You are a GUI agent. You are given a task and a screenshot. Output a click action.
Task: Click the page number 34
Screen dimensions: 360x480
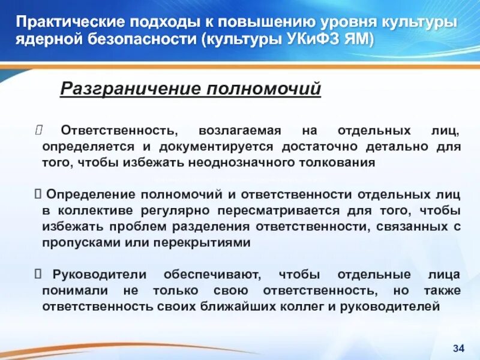click(459, 349)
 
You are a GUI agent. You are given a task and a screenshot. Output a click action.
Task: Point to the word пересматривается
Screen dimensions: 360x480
click(281, 211)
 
